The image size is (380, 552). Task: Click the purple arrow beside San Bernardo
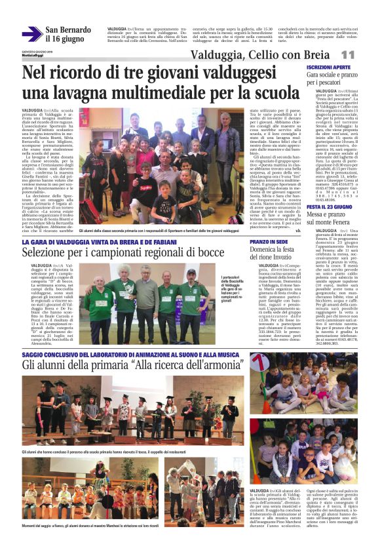[31, 34]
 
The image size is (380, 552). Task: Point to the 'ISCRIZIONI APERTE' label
[328, 68]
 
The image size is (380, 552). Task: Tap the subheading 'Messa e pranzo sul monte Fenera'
[332, 219]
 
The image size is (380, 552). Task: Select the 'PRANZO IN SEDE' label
[268, 242]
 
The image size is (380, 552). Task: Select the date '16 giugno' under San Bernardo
[65, 39]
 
